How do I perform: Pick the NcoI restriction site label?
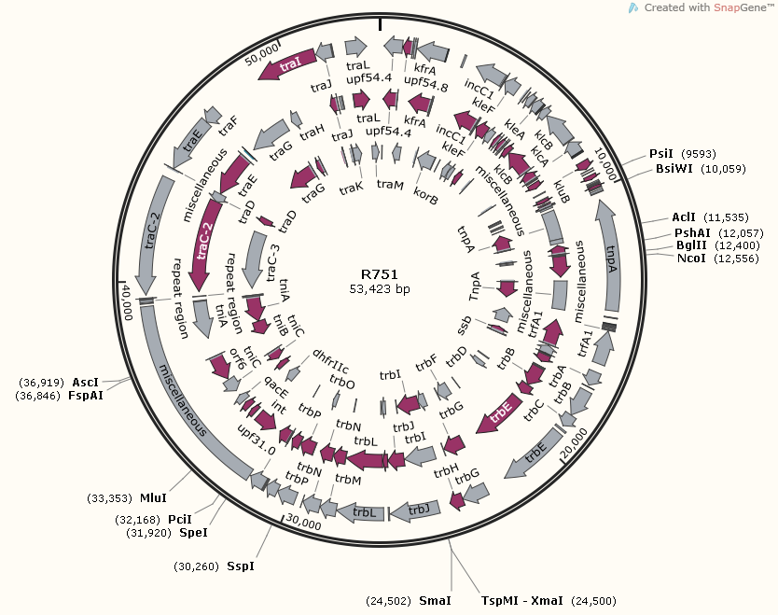tap(691, 259)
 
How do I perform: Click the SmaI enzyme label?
tap(435, 601)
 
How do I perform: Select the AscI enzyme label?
tap(85, 382)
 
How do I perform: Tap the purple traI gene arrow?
tap(288, 64)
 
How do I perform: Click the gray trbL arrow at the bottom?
tap(363, 512)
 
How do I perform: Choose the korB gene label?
tap(425, 198)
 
